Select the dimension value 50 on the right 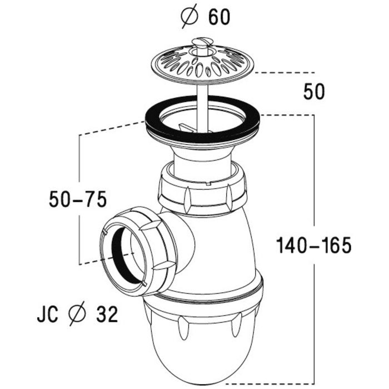tap(314, 92)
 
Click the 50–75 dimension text tap(77, 199)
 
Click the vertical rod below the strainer tap(203, 103)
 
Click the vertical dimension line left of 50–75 tap(81, 233)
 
